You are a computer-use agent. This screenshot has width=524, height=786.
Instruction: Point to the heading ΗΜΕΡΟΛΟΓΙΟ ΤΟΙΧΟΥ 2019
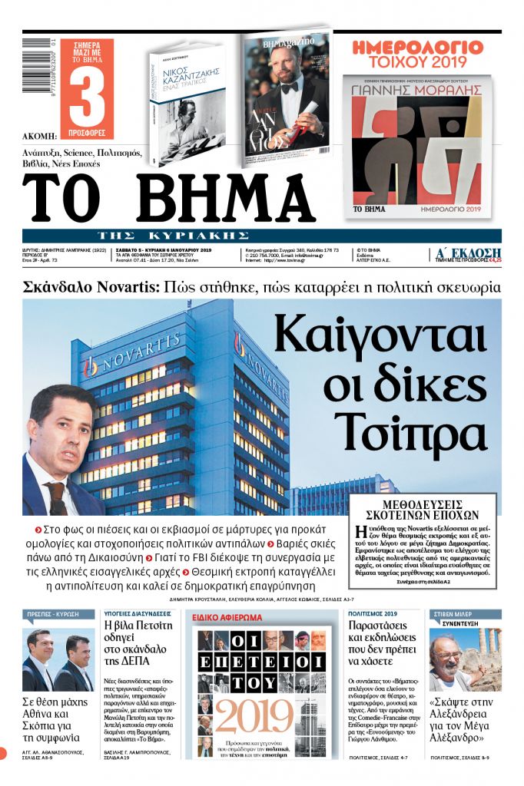tap(418, 54)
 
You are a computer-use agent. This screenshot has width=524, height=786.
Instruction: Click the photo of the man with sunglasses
tap(455, 662)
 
